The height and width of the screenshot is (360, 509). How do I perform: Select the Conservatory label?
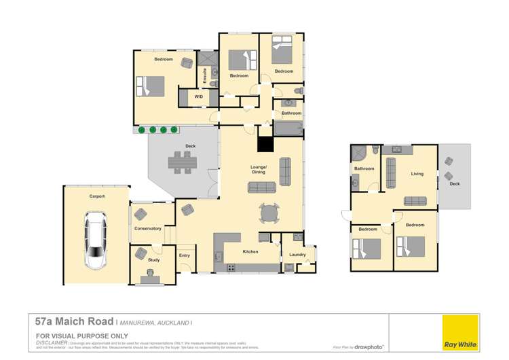tap(147, 229)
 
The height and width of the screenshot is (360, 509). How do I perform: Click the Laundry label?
tap(297, 255)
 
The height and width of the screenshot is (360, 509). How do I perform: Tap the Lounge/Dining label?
tap(259, 170)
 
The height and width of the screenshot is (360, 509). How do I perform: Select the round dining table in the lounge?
tap(269, 213)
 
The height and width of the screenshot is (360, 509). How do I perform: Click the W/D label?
tap(198, 97)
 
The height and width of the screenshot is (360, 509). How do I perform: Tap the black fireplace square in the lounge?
tap(264, 144)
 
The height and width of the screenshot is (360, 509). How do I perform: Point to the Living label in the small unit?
tap(417, 174)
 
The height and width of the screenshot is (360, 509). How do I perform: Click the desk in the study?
tap(151, 276)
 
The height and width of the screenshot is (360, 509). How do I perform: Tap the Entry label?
tap(185, 255)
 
